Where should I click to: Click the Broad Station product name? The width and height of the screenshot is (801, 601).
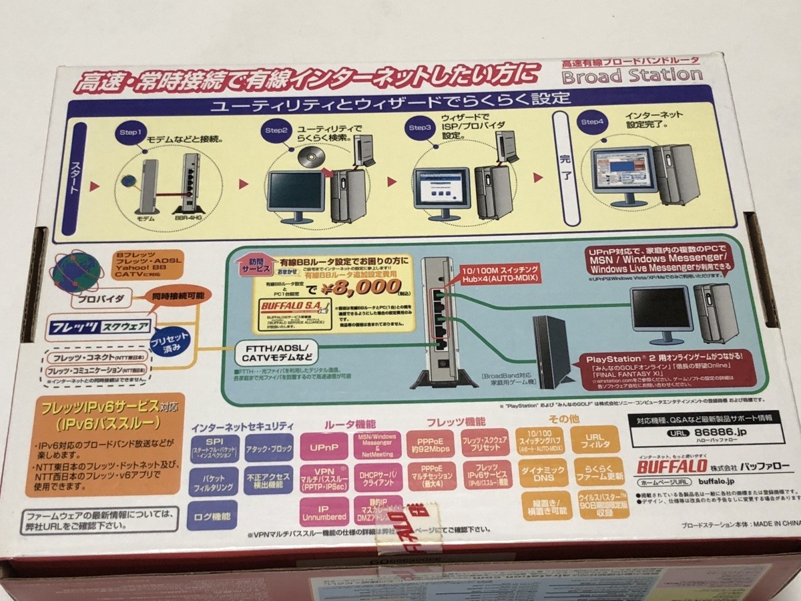pos(631,74)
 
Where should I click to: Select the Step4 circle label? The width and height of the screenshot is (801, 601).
pos(592,122)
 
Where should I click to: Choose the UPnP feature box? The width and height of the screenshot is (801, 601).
pos(323,446)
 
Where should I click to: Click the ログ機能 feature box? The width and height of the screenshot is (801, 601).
pos(213,516)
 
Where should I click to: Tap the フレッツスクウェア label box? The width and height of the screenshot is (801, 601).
pos(99,328)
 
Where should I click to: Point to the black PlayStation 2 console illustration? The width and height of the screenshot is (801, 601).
pos(550,351)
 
